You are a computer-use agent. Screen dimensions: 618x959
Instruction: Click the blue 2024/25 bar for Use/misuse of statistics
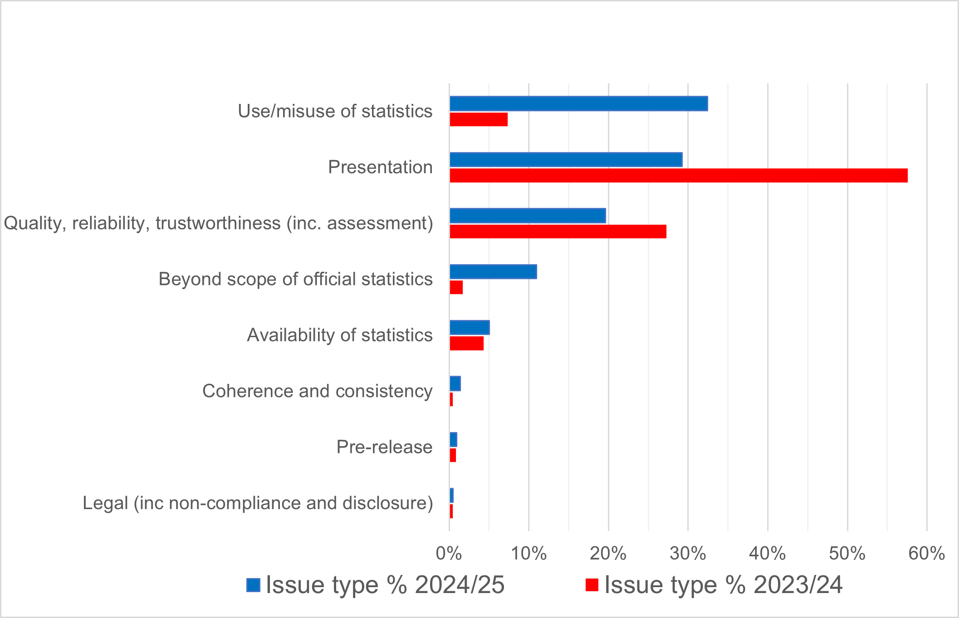578,104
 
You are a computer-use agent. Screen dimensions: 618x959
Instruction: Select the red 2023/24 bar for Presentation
678,176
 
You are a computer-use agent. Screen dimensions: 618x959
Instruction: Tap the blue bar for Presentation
566,160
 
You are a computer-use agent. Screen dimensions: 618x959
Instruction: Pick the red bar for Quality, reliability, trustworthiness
558,231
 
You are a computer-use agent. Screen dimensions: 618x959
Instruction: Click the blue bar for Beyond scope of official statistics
493,272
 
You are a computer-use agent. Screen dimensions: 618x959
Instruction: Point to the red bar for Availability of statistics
466,343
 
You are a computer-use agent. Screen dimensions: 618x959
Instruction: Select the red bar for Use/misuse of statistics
479,120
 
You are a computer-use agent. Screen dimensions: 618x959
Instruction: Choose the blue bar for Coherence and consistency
455,384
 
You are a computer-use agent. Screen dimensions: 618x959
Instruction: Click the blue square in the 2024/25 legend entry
253,585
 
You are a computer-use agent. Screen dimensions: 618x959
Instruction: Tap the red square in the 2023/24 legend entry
592,585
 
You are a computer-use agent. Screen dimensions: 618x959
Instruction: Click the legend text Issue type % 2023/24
724,585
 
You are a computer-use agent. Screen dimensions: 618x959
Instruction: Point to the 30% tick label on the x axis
688,554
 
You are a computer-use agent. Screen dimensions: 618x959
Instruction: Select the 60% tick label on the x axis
926,554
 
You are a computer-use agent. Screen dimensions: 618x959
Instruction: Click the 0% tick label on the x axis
449,554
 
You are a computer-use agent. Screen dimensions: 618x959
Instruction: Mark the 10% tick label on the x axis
528,554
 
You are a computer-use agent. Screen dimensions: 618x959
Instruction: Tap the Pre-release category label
384,447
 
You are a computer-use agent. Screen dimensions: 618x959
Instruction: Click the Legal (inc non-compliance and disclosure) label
258,503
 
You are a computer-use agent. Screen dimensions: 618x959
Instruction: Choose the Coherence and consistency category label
317,391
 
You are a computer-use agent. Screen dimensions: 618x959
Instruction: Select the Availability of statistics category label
339,335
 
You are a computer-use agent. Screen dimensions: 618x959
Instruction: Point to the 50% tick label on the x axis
847,554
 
